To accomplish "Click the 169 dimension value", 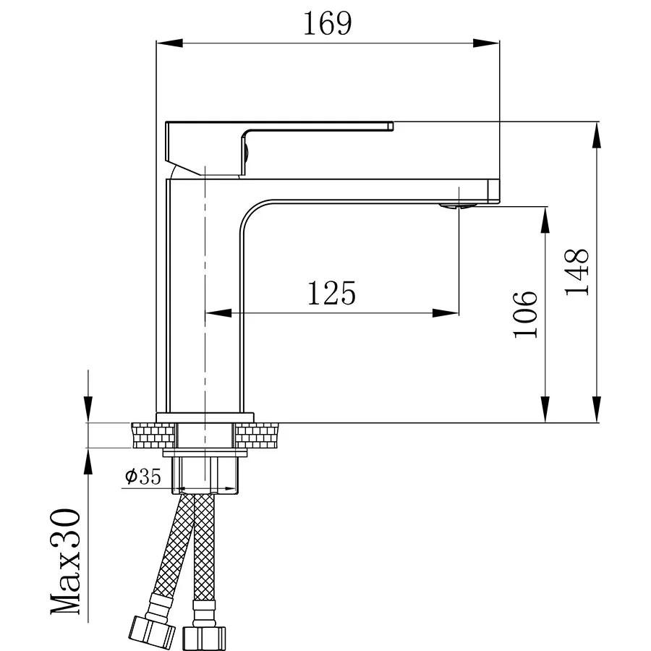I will click(x=328, y=24).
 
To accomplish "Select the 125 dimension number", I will click(x=332, y=294).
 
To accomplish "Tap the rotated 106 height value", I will click(x=526, y=314).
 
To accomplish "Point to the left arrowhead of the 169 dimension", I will click(x=167, y=43).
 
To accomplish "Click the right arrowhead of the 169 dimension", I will click(x=489, y=43).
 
